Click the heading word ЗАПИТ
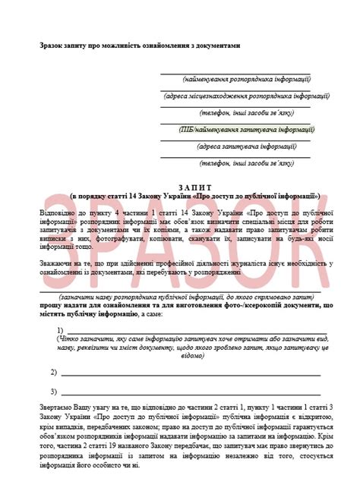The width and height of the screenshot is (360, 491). (x=180, y=186)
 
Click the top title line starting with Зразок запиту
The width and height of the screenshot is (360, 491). (x=140, y=46)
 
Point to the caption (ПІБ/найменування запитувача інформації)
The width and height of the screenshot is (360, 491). (x=236, y=129)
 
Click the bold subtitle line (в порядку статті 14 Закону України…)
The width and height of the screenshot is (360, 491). (x=179, y=195)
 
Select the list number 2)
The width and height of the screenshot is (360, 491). (x=54, y=373)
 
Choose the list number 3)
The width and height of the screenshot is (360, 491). (x=54, y=392)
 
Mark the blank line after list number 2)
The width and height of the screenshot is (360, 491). (x=190, y=375)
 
